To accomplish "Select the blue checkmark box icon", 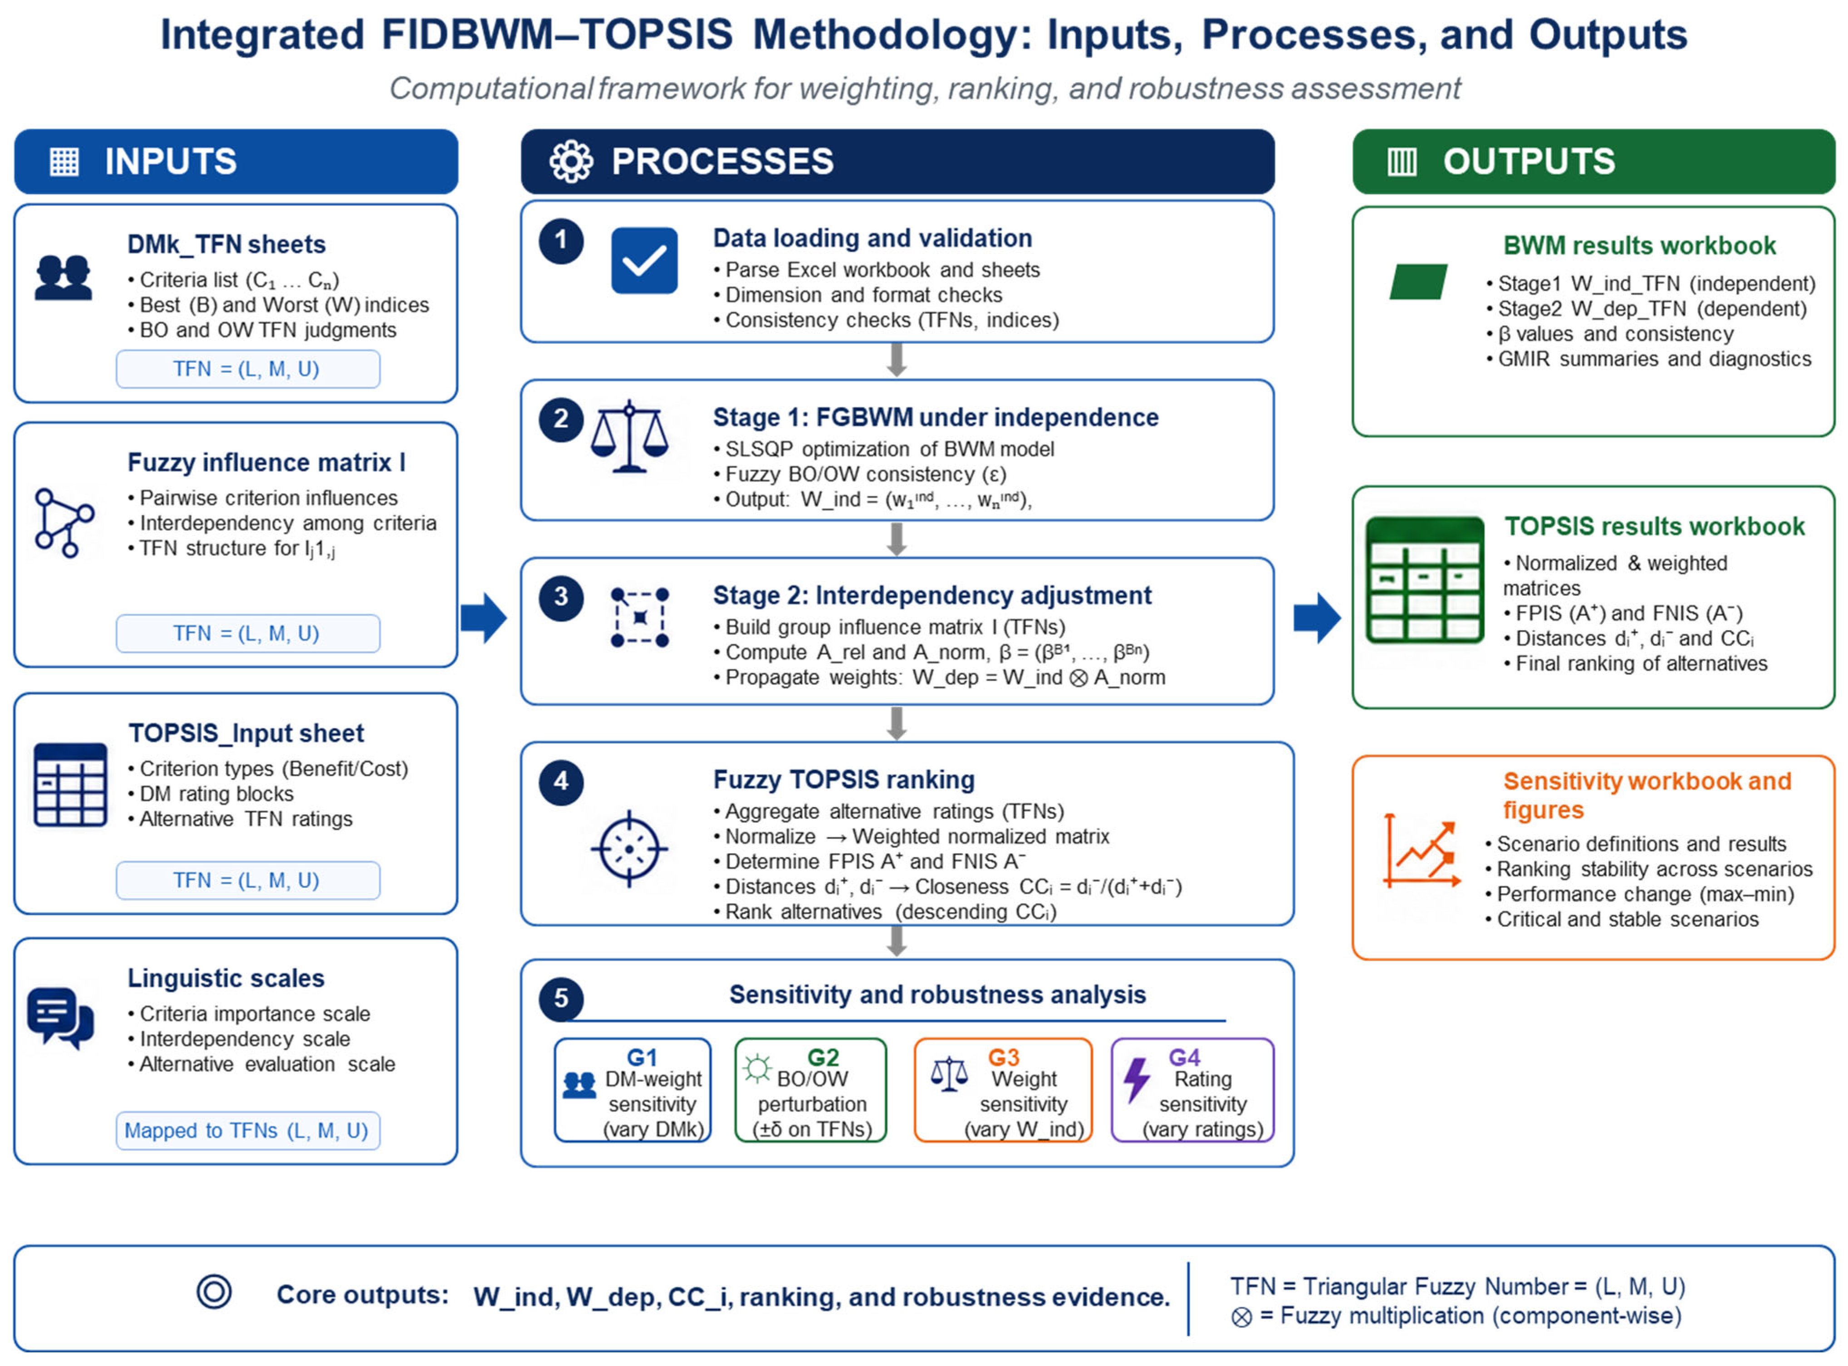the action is pos(644,260).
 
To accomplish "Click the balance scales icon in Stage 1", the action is pos(629,436).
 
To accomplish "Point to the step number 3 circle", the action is pos(561,597).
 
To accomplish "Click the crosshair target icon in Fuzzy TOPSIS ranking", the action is pos(629,848).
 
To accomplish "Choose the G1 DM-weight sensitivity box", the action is pos(632,1090).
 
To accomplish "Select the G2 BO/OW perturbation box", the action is pos(810,1090).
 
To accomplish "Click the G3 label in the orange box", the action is pos(1003,1058).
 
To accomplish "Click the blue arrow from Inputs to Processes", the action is pos(484,618).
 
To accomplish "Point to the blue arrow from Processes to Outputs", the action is pos(1317,618).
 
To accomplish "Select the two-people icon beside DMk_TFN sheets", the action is pos(63,277).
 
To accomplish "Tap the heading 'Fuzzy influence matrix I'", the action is pos(266,462).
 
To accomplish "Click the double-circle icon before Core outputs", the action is pos(213,1292).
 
